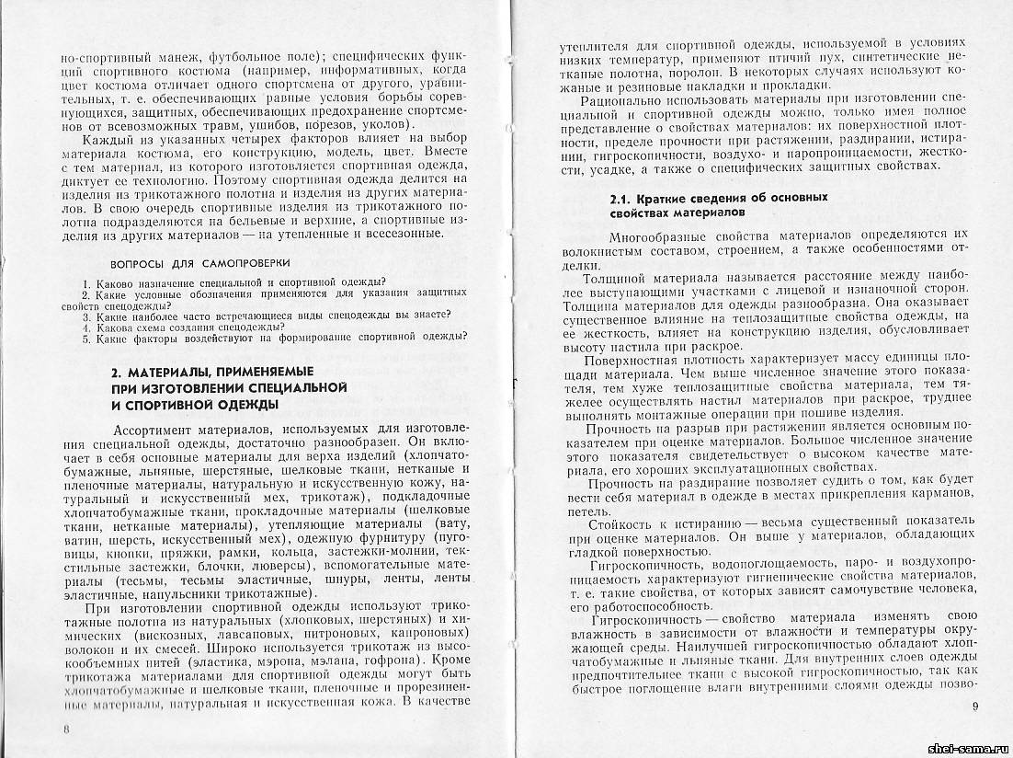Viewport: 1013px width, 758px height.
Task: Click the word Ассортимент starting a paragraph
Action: pos(157,431)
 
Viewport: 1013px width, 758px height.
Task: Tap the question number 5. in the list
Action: pos(85,337)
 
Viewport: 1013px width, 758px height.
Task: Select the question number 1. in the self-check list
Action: pos(85,281)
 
